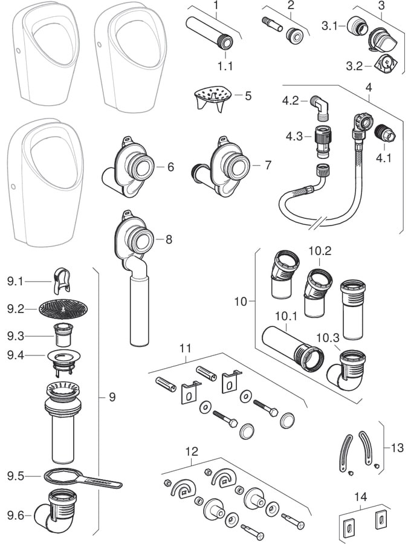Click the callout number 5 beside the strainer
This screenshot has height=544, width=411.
click(247, 96)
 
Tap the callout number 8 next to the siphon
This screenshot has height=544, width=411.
click(169, 239)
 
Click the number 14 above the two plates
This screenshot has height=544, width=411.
click(360, 497)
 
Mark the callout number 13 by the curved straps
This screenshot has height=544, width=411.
click(397, 448)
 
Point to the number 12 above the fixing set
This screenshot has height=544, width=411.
click(192, 452)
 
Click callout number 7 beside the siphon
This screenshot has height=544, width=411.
click(268, 164)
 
